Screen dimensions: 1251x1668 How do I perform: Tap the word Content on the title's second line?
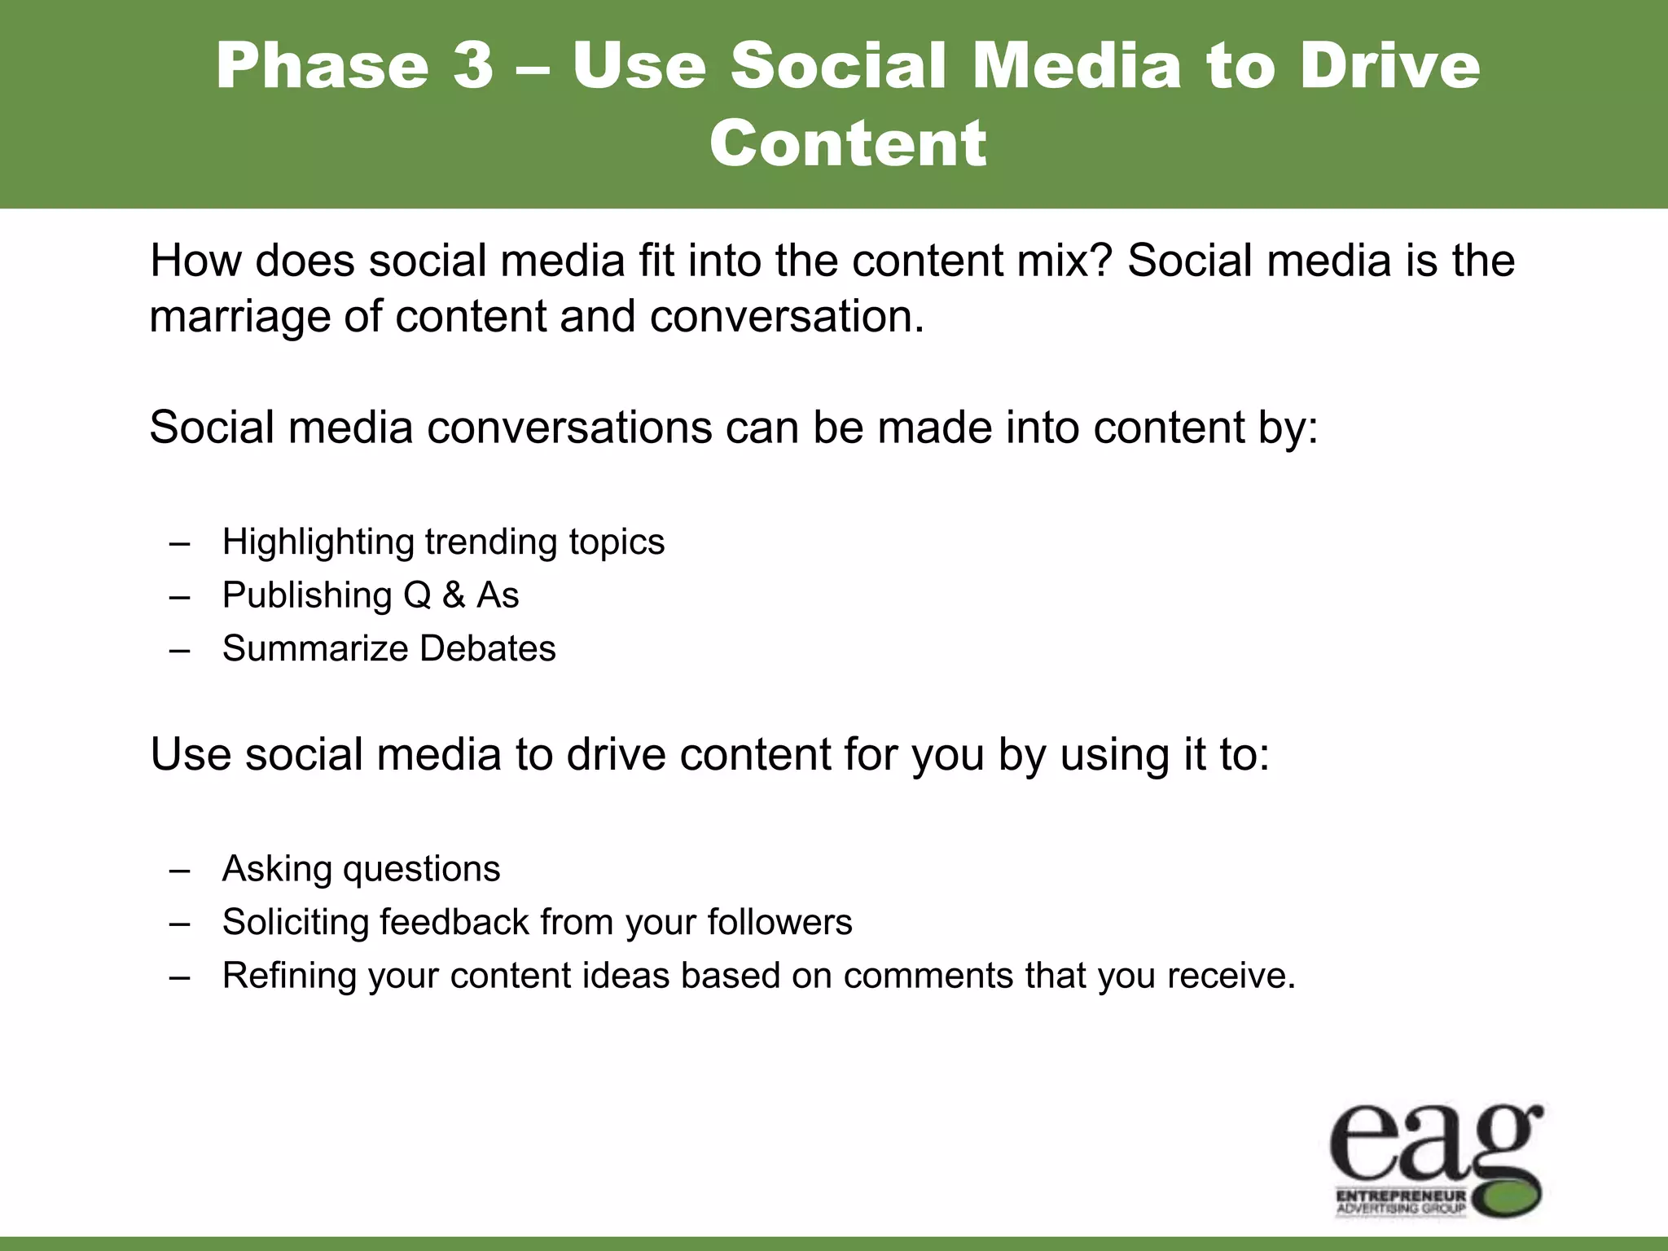[848, 143]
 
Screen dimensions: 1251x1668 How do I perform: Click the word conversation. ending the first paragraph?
[787, 316]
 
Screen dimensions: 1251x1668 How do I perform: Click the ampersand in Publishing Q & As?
[454, 595]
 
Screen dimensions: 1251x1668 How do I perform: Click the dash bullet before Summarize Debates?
[180, 650]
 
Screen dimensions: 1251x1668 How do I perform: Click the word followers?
[779, 922]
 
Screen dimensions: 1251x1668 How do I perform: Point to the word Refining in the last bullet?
[288, 976]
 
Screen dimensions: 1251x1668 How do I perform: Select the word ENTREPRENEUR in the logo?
[1400, 1196]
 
